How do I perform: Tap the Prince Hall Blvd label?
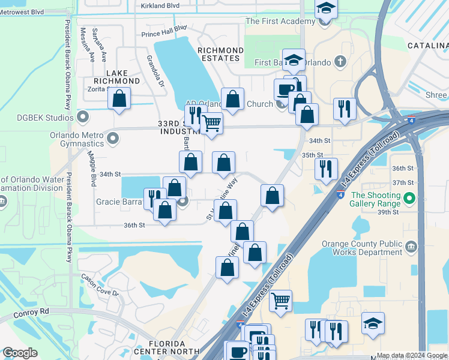(x=164, y=31)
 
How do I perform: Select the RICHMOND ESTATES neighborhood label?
(x=220, y=54)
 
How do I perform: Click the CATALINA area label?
(x=427, y=46)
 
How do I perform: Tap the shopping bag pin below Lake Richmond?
(x=119, y=98)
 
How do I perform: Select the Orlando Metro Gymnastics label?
(x=78, y=139)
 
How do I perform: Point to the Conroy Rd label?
(x=28, y=312)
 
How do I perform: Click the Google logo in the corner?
(x=20, y=353)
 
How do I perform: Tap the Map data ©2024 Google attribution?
(x=411, y=355)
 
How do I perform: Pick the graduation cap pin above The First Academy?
(x=326, y=8)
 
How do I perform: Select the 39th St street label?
(x=388, y=212)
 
